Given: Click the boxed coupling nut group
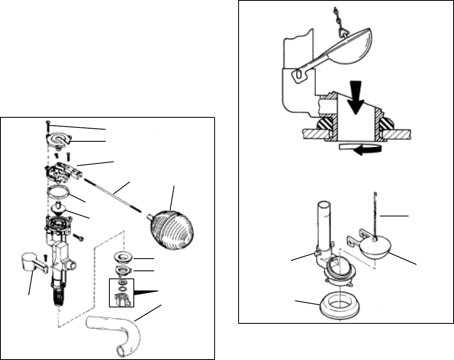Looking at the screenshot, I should pos(122,292).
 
